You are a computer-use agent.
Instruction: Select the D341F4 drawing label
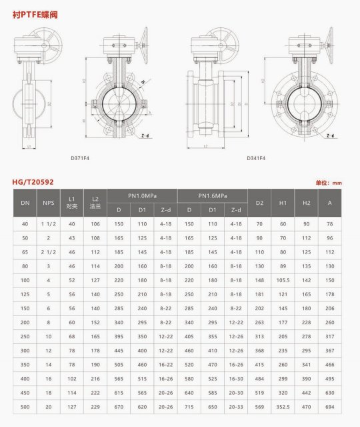[256, 158]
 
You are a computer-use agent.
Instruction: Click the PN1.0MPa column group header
[143, 195]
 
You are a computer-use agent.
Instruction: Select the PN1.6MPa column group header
[212, 195]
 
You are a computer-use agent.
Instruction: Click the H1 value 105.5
[283, 280]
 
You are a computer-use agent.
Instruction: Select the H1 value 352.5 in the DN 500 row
[283, 406]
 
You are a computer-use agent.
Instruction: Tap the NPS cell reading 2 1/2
[49, 252]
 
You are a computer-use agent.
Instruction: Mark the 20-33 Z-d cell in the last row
[235, 406]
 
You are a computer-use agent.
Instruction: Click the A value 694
[329, 406]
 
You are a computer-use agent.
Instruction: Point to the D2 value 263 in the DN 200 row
[259, 322]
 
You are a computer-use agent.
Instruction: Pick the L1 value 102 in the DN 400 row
[72, 378]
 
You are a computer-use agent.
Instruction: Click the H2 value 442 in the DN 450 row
[306, 392]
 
